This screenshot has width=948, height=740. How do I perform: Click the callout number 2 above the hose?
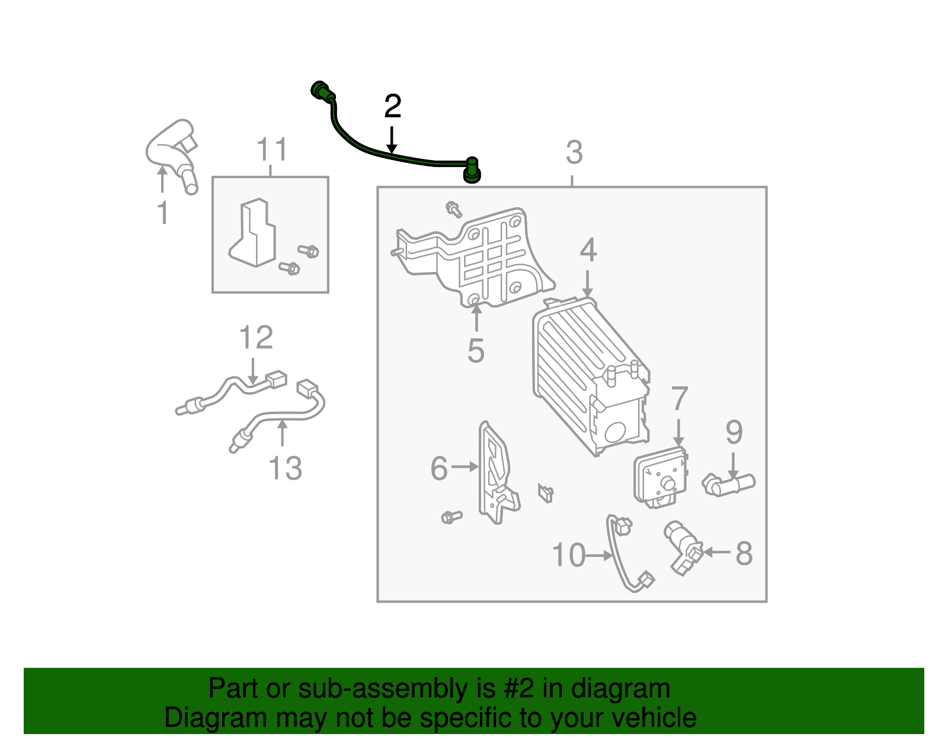(392, 107)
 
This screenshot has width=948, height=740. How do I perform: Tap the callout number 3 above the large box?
(574, 153)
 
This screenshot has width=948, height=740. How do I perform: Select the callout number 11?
(272, 150)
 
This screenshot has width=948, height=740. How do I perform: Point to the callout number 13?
(285, 469)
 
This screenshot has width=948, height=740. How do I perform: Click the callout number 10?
(568, 556)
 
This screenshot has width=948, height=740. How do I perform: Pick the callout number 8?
(744, 554)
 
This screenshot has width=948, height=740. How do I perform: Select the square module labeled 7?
(660, 478)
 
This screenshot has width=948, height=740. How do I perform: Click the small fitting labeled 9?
(729, 484)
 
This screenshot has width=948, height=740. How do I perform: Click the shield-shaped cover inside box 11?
(253, 233)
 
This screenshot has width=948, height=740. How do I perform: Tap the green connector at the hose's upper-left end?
(321, 91)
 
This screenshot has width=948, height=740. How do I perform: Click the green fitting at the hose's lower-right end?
(471, 170)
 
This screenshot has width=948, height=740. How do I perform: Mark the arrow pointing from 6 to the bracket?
(465, 467)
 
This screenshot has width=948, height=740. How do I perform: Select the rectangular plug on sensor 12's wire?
(276, 379)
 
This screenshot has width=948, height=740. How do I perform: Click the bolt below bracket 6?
(451, 517)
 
